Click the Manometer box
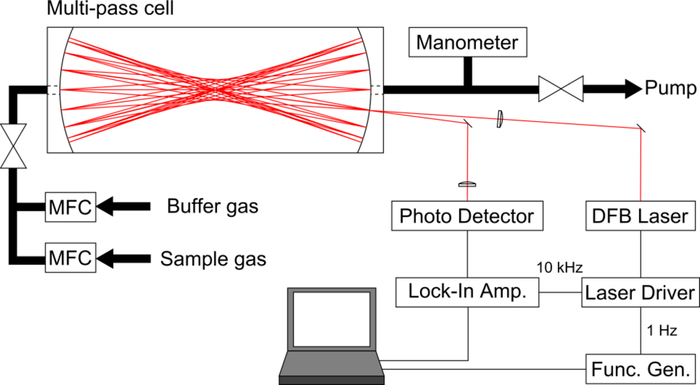coord(467,43)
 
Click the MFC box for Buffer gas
coord(69,206)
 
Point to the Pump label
coord(671,89)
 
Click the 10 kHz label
coord(559,267)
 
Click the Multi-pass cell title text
coord(111,10)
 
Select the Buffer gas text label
coord(212,206)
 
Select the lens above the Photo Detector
coord(466,185)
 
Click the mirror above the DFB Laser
coord(641,127)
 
